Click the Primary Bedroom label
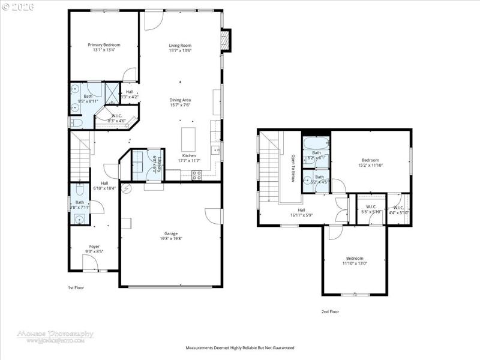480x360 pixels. pos(104,45)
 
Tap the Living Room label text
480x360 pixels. pos(179,45)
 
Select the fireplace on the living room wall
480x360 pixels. pos(225,41)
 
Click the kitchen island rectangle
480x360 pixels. pos(188,139)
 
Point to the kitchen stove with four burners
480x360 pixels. pos(196,175)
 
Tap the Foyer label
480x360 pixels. pos(94,246)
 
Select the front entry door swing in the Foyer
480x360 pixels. pos(91,262)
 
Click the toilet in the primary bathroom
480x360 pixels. pos(76,123)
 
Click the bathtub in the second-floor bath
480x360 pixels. pos(316,144)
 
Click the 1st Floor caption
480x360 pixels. pos(76,288)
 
